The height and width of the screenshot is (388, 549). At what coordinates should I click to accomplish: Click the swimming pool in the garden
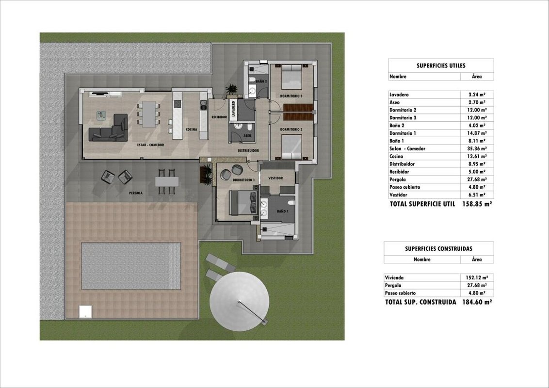click(x=131, y=266)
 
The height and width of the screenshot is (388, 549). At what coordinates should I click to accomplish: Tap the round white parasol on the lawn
click(x=240, y=302)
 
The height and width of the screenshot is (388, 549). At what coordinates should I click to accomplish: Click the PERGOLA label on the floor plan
click(x=135, y=193)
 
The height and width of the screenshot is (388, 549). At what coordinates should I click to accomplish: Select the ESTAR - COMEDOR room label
click(x=150, y=145)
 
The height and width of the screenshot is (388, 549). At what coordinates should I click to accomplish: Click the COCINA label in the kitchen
click(x=192, y=129)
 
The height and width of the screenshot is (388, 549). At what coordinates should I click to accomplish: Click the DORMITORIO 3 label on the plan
click(x=291, y=96)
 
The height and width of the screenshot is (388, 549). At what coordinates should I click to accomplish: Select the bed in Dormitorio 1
click(x=243, y=203)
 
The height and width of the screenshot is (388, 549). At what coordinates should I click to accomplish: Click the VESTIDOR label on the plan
click(x=275, y=178)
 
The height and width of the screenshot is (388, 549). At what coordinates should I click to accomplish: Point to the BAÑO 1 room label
click(x=283, y=211)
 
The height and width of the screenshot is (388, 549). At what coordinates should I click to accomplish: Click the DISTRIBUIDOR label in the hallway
click(x=248, y=150)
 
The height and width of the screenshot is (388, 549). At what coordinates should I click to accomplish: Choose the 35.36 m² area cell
click(x=477, y=148)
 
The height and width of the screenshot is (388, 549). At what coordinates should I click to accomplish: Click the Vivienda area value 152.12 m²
click(x=475, y=278)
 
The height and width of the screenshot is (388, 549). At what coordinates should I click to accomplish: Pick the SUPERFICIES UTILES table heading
click(x=441, y=65)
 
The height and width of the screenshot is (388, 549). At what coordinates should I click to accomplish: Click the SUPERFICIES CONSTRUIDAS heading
click(x=439, y=249)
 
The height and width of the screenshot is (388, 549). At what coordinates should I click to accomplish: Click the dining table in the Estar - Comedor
click(x=149, y=114)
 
